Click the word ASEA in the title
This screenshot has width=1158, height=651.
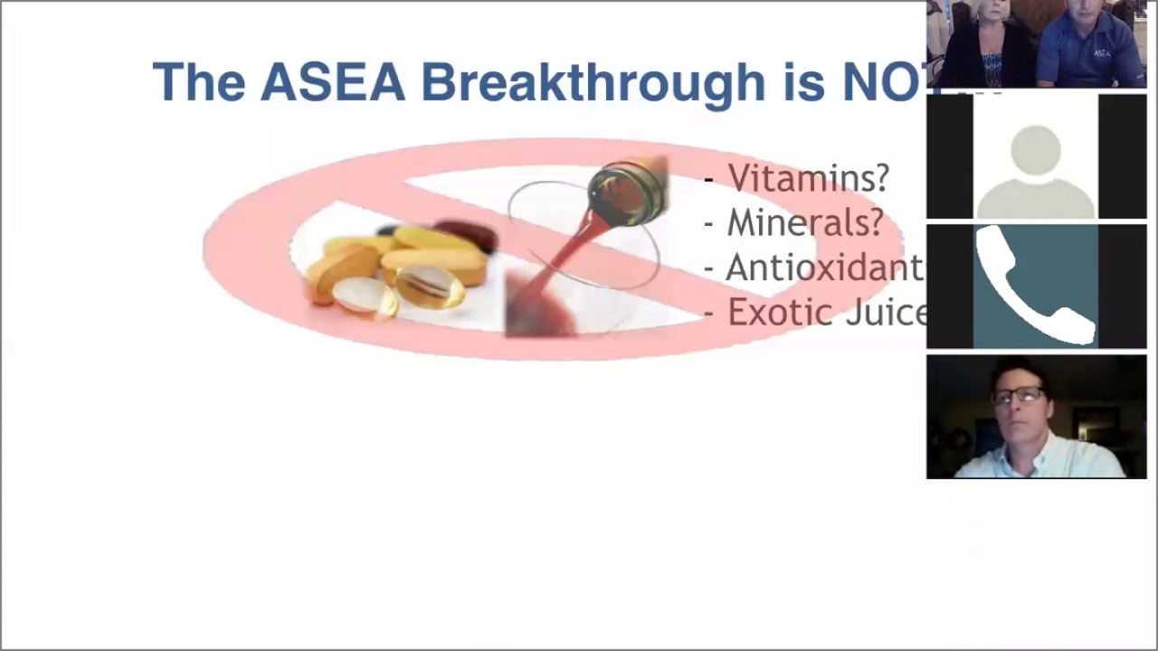click(332, 82)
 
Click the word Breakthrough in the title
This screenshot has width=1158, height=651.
click(593, 82)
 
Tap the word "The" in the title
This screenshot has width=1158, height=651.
click(199, 82)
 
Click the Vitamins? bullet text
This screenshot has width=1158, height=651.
click(808, 178)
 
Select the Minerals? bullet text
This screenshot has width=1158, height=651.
click(804, 222)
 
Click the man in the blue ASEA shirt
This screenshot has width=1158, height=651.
click(1090, 45)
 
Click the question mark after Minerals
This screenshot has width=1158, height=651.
click(875, 222)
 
